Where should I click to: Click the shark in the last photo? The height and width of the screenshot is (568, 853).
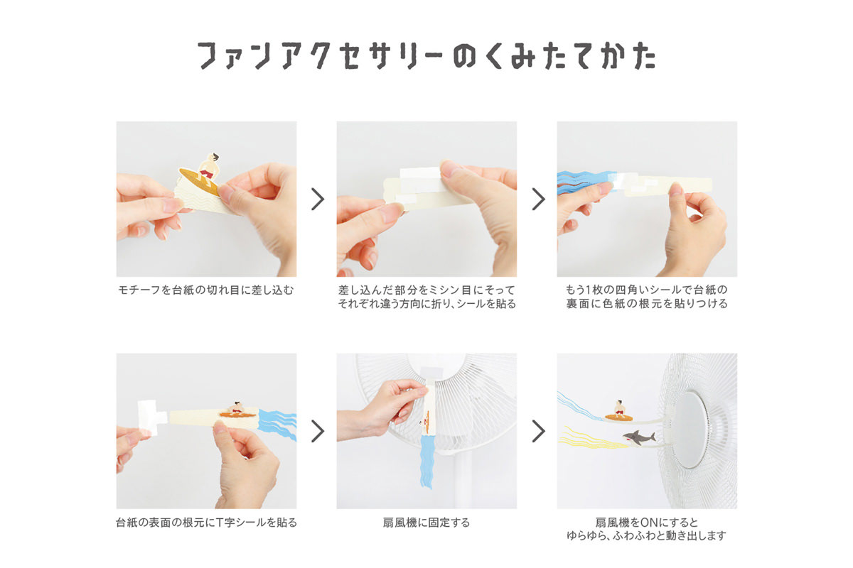[x=639, y=438]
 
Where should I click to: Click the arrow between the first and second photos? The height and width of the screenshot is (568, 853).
[x=317, y=199]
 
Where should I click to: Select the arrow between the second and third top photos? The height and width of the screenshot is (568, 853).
[x=538, y=199]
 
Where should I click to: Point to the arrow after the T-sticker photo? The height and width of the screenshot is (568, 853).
[x=317, y=431]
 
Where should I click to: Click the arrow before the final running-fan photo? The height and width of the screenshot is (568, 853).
[x=538, y=431]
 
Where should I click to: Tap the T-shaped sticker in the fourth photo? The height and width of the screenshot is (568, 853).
[x=151, y=417]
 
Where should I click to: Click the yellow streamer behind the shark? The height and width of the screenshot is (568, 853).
[x=590, y=439]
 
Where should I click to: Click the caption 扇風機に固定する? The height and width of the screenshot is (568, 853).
[x=426, y=523]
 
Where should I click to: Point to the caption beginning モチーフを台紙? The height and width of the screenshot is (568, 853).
[x=206, y=290]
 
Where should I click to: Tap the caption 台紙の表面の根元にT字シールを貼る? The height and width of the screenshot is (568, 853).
[x=206, y=523]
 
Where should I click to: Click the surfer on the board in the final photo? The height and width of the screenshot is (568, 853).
[x=620, y=410]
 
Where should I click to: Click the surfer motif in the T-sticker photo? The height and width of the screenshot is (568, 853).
[x=237, y=410]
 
